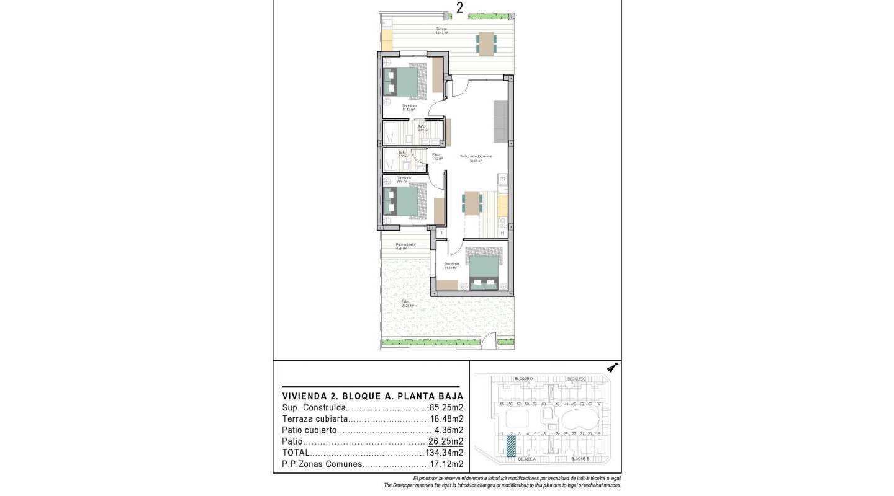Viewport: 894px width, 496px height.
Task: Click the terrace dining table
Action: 486,43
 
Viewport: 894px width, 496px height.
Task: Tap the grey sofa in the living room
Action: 500,120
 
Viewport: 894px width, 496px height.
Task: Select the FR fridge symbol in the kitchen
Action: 502,180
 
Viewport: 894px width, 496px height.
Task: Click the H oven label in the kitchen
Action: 502,233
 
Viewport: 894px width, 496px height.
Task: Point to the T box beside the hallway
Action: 441,233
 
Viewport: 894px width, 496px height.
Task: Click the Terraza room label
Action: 441,30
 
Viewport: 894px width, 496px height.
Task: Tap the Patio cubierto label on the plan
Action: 405,245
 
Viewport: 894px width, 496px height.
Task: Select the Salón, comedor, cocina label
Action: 476,156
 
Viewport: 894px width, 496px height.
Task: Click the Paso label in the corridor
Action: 436,155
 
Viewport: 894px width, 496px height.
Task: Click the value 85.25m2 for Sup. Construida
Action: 446,409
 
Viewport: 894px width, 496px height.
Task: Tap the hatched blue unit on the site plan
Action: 510,446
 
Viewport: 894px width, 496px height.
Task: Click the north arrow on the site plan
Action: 613,368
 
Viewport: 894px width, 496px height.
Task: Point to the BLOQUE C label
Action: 576,379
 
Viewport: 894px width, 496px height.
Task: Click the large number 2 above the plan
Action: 459,7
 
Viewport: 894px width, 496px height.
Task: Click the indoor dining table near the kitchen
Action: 472,202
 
